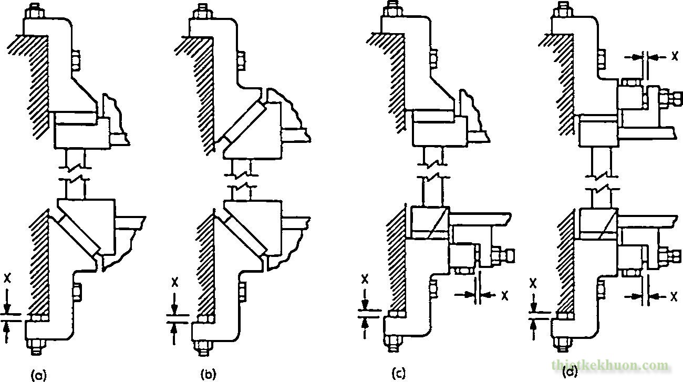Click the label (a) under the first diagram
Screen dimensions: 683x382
tap(39, 374)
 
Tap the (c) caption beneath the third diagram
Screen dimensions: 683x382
tap(399, 373)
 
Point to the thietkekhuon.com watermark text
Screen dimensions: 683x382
tap(609, 366)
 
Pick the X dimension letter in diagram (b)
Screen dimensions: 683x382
tap(174, 282)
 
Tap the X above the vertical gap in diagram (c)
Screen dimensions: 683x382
tap(365, 278)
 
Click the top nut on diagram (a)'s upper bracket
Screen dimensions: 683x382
tap(36, 12)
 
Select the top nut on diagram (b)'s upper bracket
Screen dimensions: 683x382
tap(202, 12)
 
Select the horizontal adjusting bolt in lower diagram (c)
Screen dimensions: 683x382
tap(502, 256)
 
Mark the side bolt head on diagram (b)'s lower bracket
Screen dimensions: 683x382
tap(242, 292)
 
